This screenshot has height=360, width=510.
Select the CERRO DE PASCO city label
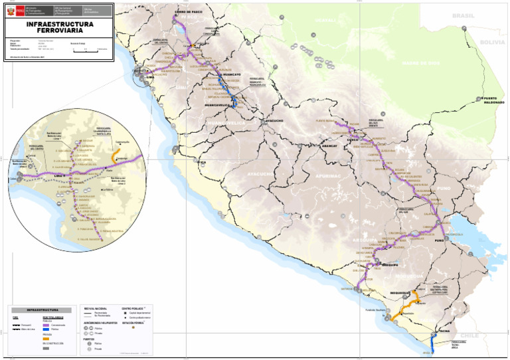pyautogui.click(x=189, y=12)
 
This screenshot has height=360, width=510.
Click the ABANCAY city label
pyautogui.click(x=330, y=145)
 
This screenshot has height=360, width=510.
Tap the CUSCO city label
pyautogui.click(x=353, y=140)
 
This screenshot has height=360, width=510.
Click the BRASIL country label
pyautogui.click(x=463, y=15)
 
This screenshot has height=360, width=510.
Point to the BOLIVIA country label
pyautogui.click(x=492, y=42)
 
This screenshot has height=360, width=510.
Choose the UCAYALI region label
pyautogui.click(x=325, y=21)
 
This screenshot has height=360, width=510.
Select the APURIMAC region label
pyautogui.click(x=327, y=176)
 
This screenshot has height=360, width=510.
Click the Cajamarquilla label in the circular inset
pyautogui.click(x=122, y=142)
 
